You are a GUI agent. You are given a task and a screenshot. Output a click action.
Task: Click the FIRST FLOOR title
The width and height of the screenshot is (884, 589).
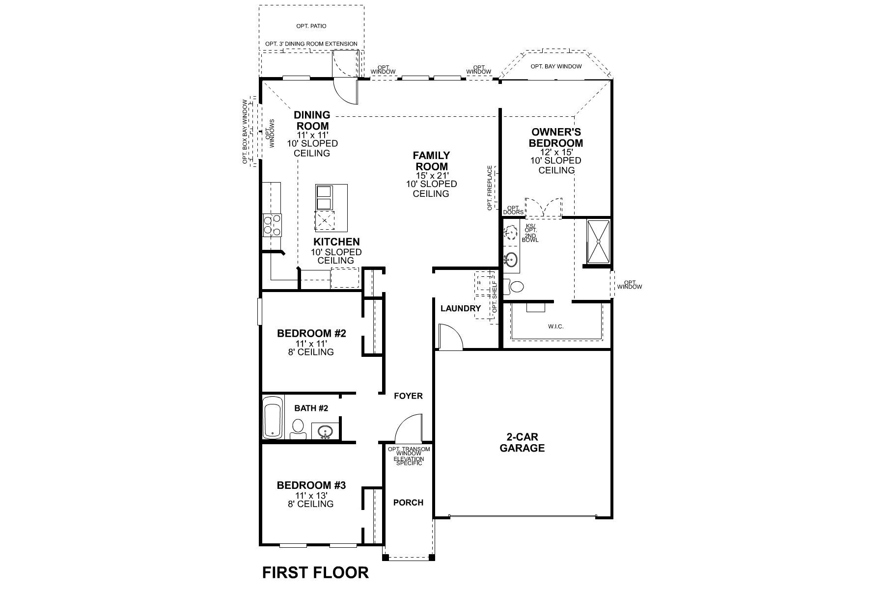315,572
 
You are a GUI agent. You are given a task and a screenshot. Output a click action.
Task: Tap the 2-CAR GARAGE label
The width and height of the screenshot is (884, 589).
522,442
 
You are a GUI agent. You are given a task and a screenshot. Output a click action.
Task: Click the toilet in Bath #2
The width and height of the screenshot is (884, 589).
298,428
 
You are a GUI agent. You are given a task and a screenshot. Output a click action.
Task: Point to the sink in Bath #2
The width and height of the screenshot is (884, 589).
325,432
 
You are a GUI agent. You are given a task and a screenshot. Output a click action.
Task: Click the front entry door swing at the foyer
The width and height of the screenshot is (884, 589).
408,428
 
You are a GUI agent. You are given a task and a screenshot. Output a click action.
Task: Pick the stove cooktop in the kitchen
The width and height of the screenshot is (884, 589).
272,225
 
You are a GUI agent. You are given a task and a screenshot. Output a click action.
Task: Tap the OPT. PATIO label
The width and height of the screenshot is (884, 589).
311,26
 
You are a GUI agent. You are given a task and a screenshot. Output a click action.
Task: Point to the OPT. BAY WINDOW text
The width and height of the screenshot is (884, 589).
556,66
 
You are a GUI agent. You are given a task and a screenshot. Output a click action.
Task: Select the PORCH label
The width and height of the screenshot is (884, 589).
408,503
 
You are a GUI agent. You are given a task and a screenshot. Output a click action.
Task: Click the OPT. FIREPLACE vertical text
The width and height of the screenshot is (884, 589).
490,188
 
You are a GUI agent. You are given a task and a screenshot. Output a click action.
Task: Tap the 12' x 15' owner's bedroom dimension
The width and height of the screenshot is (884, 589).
556,152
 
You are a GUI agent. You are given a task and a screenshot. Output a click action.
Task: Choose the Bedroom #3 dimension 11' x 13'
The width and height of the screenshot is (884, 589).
311,495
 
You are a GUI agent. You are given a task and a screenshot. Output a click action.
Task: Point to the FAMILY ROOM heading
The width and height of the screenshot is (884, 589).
431,161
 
